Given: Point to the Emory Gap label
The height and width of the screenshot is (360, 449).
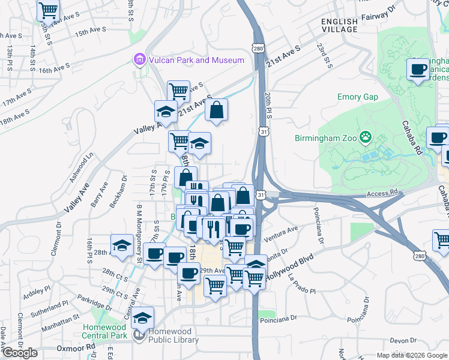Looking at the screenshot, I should click(357, 97).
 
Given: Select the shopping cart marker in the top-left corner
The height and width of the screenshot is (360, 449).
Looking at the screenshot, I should click(48, 10).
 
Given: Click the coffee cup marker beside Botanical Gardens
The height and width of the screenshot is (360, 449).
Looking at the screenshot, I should click(418, 68).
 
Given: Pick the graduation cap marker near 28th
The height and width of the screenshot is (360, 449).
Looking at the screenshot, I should click(122, 245).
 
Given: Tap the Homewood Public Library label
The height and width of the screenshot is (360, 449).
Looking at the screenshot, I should click(173, 335).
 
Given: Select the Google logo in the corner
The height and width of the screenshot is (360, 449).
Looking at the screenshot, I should click(19, 353).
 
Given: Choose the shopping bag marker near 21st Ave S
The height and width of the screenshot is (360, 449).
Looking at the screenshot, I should click(217, 110).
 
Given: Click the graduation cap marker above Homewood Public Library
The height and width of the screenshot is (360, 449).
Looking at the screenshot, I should click(143, 318).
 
